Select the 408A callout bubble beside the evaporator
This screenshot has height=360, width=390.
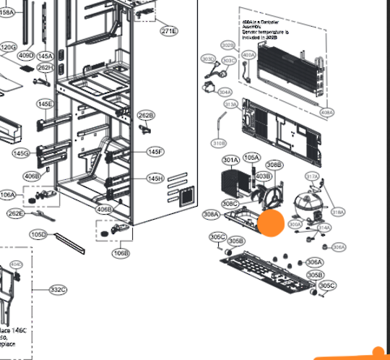(x=326, y=113)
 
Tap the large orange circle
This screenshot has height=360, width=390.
(x=272, y=224)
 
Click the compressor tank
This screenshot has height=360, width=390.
(x=306, y=206)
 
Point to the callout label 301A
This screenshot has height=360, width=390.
(x=230, y=160)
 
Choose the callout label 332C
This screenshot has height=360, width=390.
(x=58, y=290)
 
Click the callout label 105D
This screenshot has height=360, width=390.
(x=38, y=235)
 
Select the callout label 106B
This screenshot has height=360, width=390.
(x=121, y=253)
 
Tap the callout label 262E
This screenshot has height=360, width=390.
(x=15, y=213)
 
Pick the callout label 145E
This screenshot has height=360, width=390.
(x=45, y=105)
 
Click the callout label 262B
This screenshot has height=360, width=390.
(x=146, y=116)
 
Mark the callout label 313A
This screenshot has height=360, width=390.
(x=231, y=105)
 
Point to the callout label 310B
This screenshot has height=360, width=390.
(x=218, y=143)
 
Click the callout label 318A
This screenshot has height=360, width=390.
(x=337, y=213)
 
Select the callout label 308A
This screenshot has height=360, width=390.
(x=211, y=214)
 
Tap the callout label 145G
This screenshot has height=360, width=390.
(x=21, y=153)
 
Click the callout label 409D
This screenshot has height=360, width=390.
(x=26, y=56)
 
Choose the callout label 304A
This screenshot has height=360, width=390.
(x=225, y=93)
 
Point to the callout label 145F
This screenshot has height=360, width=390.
(x=155, y=152)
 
